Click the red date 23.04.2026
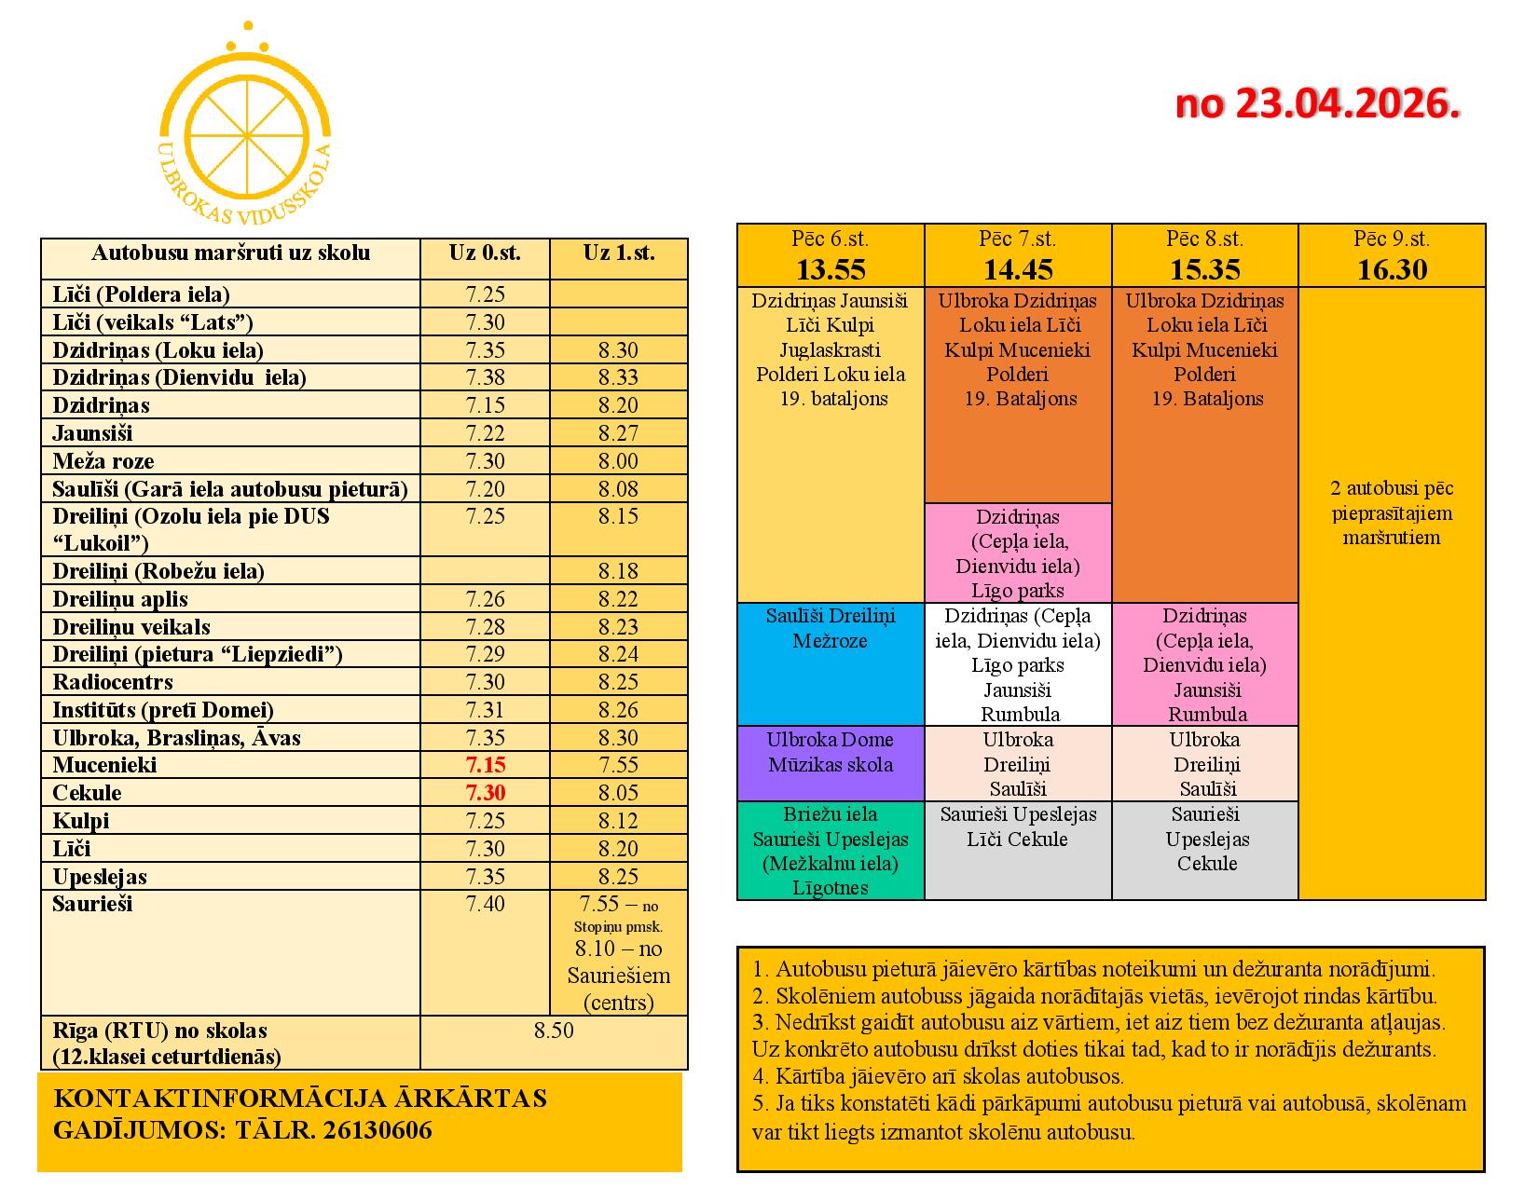tap(1316, 103)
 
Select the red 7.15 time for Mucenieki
tap(485, 765)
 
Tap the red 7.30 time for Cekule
tap(485, 793)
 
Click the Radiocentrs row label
tap(113, 682)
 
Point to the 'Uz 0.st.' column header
tap(485, 253)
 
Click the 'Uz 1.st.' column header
tap(618, 253)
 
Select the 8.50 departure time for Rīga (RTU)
tap(554, 1031)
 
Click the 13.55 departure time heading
tap(830, 269)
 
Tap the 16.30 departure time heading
tap(1392, 269)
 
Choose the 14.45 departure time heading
tap(1018, 269)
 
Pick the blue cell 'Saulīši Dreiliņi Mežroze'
tap(830, 629)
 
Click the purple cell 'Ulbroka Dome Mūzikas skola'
tap(830, 753)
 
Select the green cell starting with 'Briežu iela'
tap(830, 851)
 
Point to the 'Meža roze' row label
tap(103, 461)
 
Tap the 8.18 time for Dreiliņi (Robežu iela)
tap(618, 571)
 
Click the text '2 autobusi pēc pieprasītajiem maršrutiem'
tap(1392, 512)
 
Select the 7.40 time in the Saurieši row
tap(485, 905)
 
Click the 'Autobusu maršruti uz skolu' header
tap(230, 253)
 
